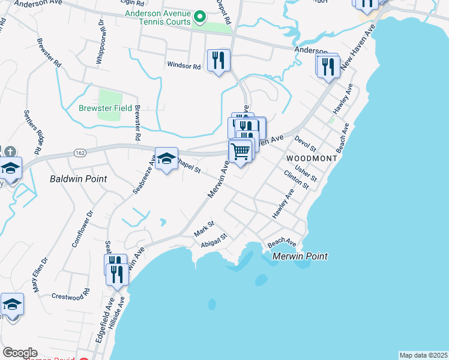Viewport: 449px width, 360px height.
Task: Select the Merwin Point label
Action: pyautogui.click(x=300, y=256)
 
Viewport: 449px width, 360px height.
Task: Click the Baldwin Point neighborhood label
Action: pyautogui.click(x=78, y=179)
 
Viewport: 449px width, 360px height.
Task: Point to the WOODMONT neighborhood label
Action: pyautogui.click(x=307, y=158)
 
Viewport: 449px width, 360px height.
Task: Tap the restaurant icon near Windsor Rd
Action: pyautogui.click(x=218, y=60)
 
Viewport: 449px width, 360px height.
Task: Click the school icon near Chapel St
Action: pyautogui.click(x=167, y=159)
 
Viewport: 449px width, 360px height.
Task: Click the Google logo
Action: pyautogui.click(x=20, y=353)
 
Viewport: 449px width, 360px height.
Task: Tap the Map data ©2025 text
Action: pyautogui.click(x=423, y=355)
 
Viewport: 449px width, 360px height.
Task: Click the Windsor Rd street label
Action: pyautogui.click(x=184, y=65)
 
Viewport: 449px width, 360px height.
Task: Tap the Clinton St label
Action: pyautogui.click(x=296, y=179)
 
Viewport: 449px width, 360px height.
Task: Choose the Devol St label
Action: pyautogui.click(x=306, y=143)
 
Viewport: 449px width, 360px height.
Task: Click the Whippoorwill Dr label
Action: pyautogui.click(x=100, y=44)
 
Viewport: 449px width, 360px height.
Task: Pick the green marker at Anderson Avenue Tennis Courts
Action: pyautogui.click(x=202, y=17)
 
